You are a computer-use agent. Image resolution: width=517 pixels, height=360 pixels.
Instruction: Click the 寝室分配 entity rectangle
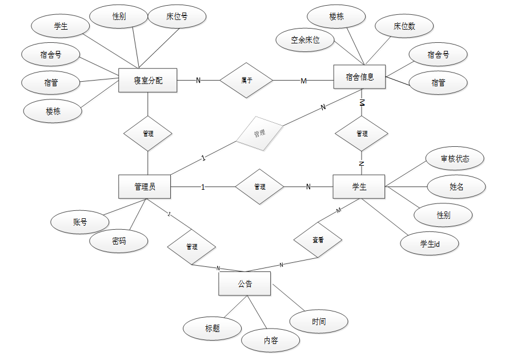coord(148,80)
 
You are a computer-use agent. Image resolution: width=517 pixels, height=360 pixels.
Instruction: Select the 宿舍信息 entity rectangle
coord(359,77)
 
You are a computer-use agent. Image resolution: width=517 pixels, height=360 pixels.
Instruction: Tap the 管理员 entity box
coord(145,187)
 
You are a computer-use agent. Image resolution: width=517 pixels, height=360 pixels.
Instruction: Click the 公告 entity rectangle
coord(245,283)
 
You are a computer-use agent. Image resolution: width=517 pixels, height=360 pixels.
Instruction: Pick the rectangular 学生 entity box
coord(359,187)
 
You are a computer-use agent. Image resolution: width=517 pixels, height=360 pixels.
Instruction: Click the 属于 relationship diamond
coord(247,81)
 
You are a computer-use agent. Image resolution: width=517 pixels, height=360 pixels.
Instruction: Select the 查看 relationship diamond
coord(318,241)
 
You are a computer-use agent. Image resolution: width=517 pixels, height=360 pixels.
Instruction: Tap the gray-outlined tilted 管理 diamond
coord(259,133)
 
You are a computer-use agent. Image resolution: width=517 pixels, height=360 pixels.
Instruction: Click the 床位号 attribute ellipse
coord(176,17)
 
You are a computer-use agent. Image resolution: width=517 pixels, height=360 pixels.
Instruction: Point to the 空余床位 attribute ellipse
coord(304,40)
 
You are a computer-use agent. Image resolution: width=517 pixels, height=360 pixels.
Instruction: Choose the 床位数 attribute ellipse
coord(404,26)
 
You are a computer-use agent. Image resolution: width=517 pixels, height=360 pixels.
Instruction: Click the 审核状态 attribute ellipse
coord(455,159)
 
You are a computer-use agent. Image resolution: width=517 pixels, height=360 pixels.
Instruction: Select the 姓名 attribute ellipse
coord(456,186)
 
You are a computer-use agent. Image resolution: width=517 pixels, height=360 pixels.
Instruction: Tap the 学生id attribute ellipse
coord(430,244)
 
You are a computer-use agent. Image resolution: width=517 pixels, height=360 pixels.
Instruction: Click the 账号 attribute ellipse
coord(79,222)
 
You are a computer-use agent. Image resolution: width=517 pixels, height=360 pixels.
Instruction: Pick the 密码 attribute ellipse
coord(119,241)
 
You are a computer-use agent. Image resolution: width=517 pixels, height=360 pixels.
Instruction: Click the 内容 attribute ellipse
coord(270,341)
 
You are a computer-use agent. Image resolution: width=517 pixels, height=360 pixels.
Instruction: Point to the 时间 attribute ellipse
coord(319,322)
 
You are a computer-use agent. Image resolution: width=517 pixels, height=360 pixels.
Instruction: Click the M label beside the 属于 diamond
coord(304,81)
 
